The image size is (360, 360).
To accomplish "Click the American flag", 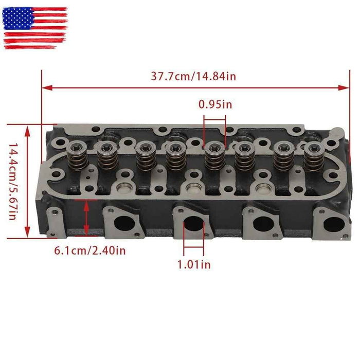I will [35, 28].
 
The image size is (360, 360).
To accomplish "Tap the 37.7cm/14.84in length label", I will [193, 76].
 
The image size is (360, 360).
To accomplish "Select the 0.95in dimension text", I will [215, 104].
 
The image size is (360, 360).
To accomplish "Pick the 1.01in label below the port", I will [194, 265].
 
